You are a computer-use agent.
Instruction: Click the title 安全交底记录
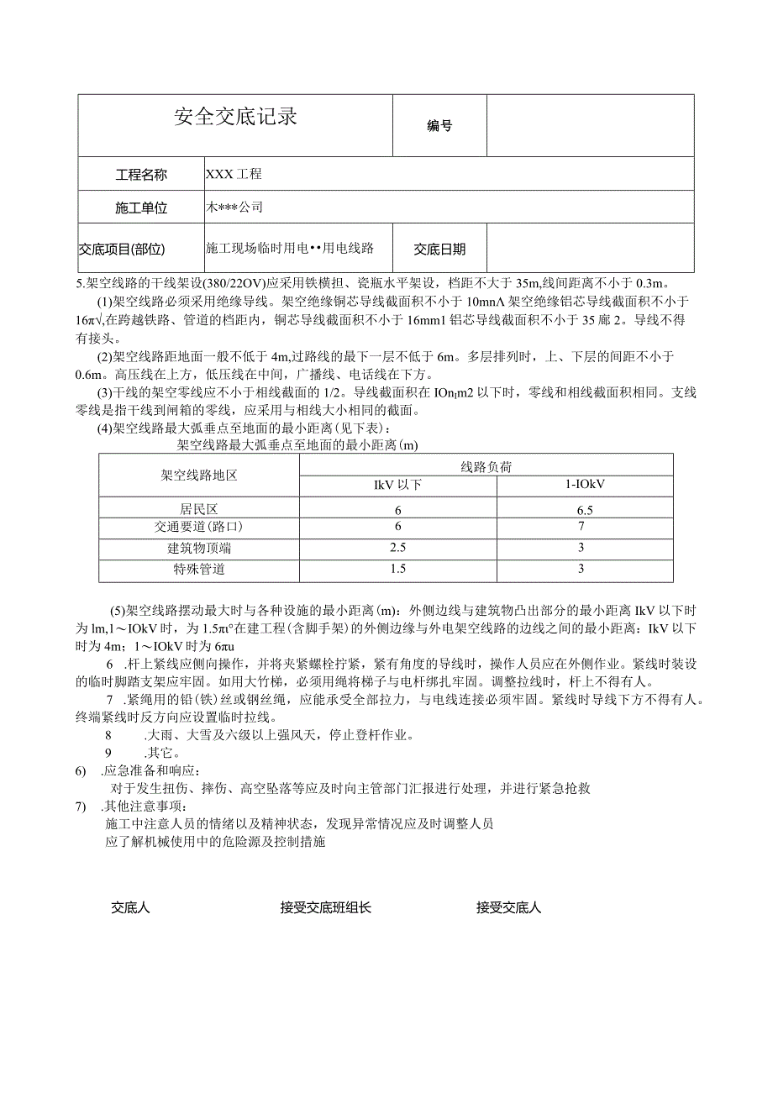235,117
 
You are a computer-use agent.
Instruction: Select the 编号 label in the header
439,126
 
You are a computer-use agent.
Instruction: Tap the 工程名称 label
141,175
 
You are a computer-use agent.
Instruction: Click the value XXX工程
234,175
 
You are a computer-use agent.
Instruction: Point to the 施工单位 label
141,208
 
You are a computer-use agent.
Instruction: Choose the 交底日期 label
439,249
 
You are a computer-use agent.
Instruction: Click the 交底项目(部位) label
123,249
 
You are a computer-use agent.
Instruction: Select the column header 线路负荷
486,467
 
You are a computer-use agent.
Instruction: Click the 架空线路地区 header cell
199,475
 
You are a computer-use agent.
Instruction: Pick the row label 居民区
199,509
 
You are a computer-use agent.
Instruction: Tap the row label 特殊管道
199,569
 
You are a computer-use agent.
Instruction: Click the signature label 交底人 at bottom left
130,907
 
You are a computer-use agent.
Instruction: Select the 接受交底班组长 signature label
326,907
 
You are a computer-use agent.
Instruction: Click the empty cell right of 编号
590,126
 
